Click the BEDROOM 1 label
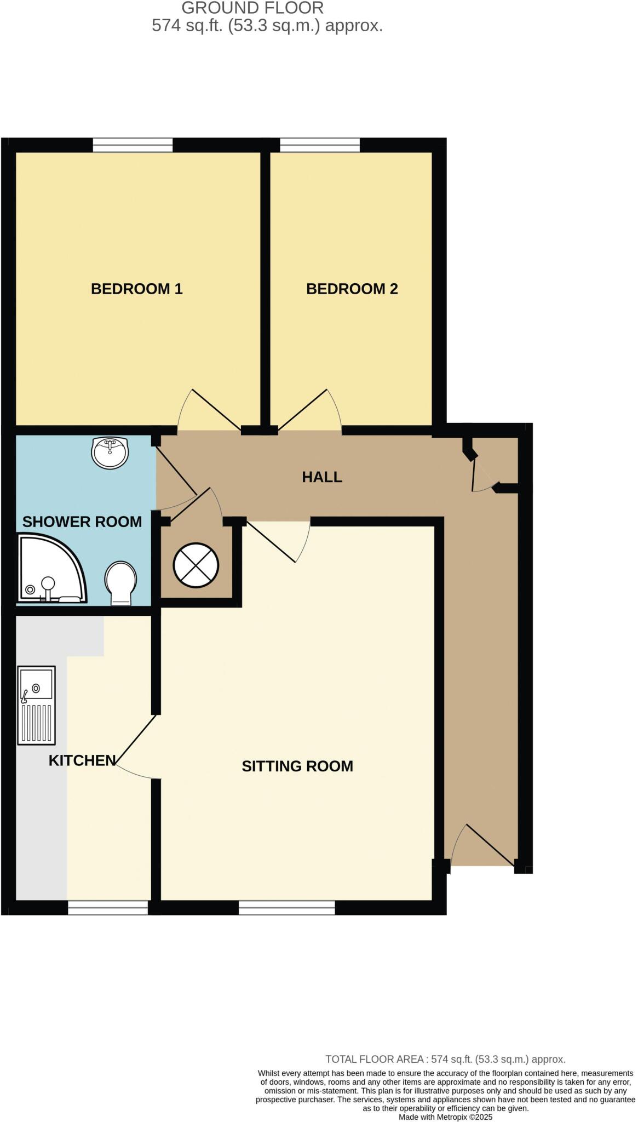pyautogui.click(x=136, y=289)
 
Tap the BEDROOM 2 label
pyautogui.click(x=352, y=289)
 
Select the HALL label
pyautogui.click(x=322, y=477)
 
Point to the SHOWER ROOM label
pyautogui.click(x=82, y=522)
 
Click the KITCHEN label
pyautogui.click(x=82, y=760)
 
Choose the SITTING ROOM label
pyautogui.click(x=297, y=766)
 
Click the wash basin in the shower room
pyautogui.click(x=110, y=453)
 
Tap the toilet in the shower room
pyautogui.click(x=121, y=583)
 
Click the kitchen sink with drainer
pyautogui.click(x=37, y=705)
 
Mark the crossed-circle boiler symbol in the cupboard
pyautogui.click(x=196, y=565)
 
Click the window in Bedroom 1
pyautogui.click(x=133, y=145)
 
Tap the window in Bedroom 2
pyautogui.click(x=320, y=145)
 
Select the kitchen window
pyautogui.click(x=108, y=908)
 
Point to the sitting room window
pyautogui.click(x=287, y=908)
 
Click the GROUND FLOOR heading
pyautogui.click(x=252, y=8)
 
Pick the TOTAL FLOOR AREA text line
pyautogui.click(x=445, y=1060)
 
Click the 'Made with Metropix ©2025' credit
pyautogui.click(x=446, y=1117)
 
